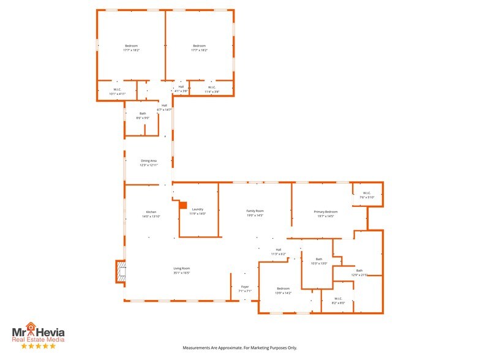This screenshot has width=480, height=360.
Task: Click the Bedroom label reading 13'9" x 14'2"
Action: point(282,290)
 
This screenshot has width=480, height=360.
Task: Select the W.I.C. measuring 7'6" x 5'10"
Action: point(367,195)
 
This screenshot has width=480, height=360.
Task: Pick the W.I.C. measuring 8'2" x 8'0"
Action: point(339,301)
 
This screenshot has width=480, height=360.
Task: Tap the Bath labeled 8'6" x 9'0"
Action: point(143,115)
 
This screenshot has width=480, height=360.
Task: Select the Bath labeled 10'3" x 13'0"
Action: point(319,261)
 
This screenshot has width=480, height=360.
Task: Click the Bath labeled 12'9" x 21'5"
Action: point(359,272)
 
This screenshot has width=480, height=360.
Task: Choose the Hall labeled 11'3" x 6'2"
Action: point(279,252)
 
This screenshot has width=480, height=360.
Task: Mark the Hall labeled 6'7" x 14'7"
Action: point(164,107)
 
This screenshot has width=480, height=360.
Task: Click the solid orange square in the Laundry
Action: point(182,206)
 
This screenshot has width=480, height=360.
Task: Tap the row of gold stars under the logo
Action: point(38,346)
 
